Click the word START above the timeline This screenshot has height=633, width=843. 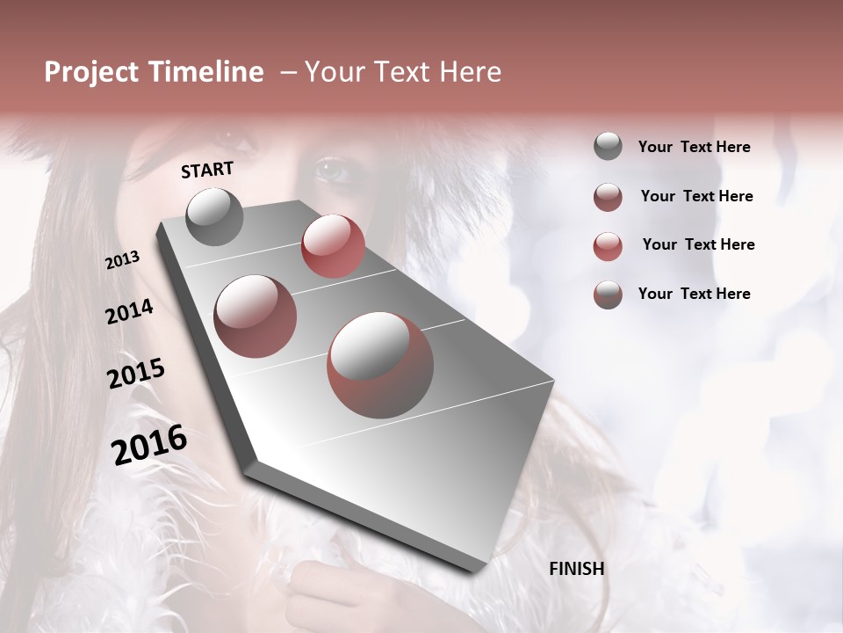[x=207, y=170]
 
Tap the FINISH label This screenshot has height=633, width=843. [x=577, y=569]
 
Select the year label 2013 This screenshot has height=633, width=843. [x=123, y=260]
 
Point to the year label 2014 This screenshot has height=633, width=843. [x=129, y=312]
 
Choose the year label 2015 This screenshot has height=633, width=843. [x=136, y=374]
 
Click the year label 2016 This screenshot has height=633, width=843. [x=149, y=445]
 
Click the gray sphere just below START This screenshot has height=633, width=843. [x=215, y=216]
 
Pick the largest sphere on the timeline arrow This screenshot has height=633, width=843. [x=380, y=365]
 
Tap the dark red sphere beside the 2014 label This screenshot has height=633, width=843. [x=255, y=316]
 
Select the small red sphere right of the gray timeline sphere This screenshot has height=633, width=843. [x=333, y=245]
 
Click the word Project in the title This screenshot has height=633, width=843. [x=91, y=72]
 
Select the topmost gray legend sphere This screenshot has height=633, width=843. [x=608, y=146]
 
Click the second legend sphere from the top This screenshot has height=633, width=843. [x=608, y=197]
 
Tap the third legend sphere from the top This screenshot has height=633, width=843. [x=608, y=246]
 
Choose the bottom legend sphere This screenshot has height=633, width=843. [x=608, y=295]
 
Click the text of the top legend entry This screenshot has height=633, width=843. [x=694, y=147]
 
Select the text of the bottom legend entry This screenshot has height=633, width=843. [x=694, y=294]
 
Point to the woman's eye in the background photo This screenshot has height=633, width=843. [x=333, y=167]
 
